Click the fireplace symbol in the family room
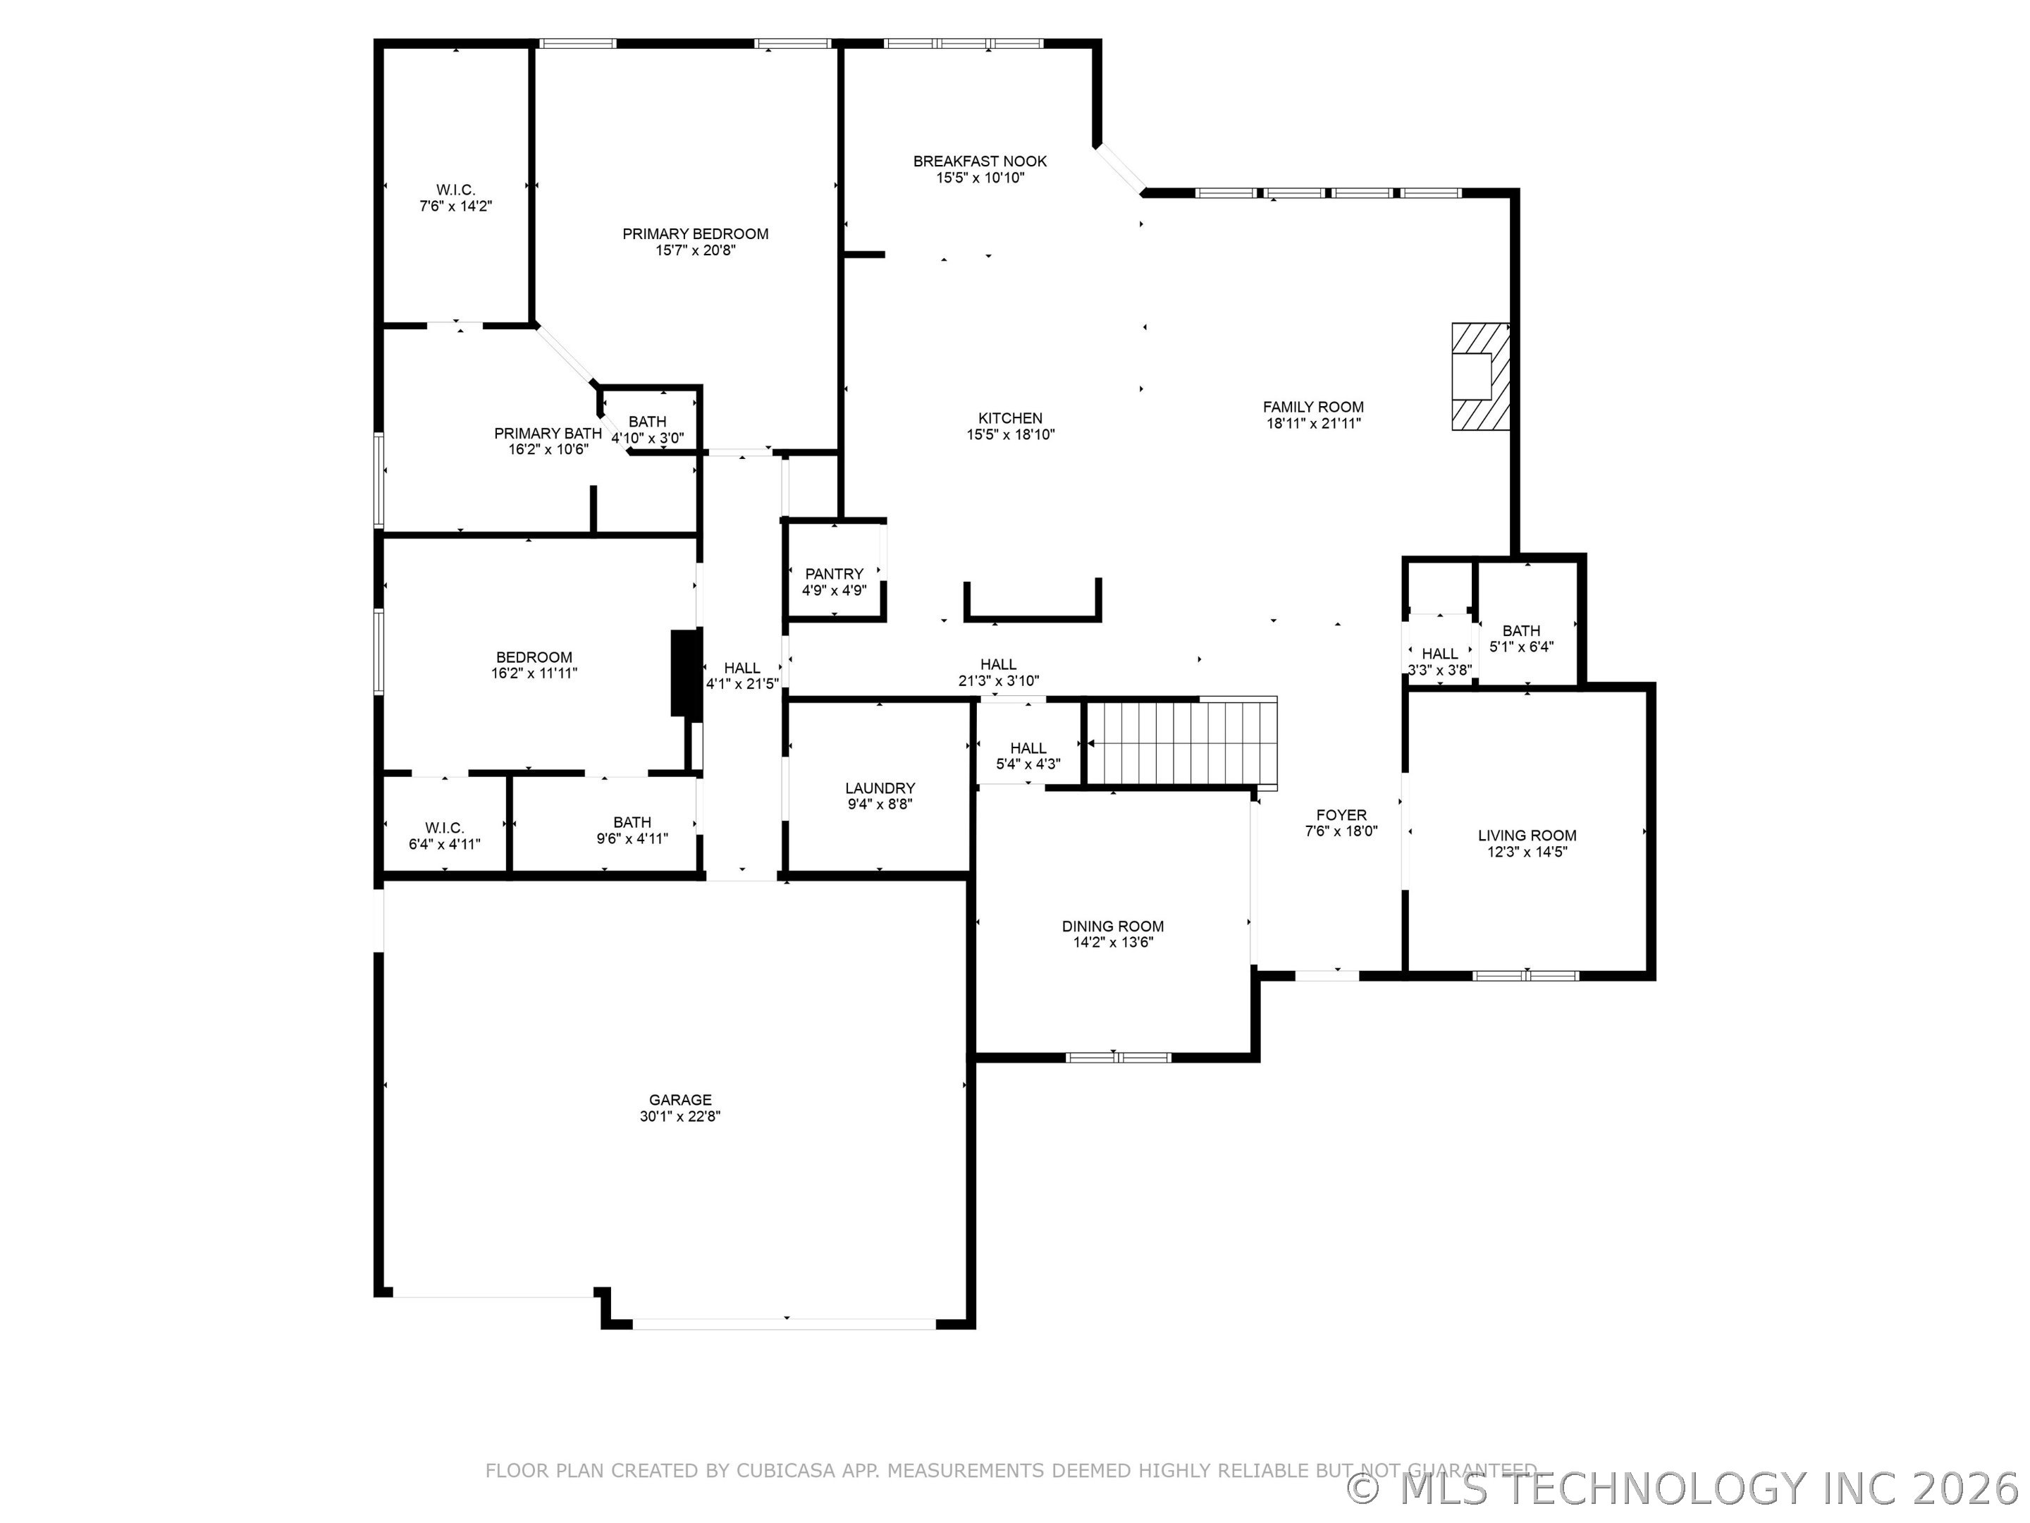1480,376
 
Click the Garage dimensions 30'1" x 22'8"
680,1116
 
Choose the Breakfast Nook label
979,161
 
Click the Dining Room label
1112,926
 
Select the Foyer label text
1341,815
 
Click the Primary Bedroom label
695,234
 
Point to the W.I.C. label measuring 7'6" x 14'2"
455,190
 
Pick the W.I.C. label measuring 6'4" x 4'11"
444,828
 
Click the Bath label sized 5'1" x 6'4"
1520,630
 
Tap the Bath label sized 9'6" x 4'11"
632,823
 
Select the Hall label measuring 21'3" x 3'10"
997,665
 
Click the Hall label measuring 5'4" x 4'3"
1028,748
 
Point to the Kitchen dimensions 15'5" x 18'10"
1009,435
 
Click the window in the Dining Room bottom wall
1117,1058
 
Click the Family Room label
1312,407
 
